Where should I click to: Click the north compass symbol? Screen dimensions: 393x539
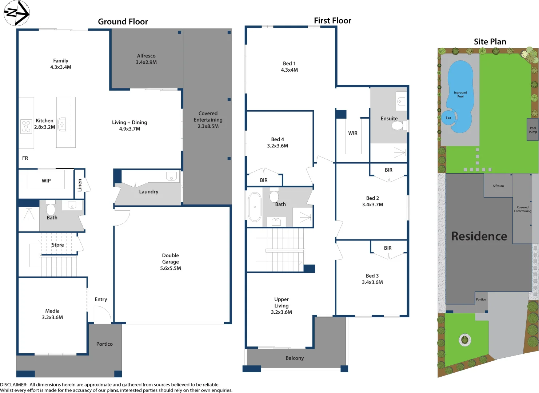click(16, 13)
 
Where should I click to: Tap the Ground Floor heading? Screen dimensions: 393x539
click(123, 22)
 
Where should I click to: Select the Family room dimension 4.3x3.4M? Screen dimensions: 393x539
click(61, 67)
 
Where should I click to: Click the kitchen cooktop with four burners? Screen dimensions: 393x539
click(26, 126)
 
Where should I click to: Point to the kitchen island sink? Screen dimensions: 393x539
click(62, 124)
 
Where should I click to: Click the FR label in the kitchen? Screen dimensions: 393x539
click(25, 158)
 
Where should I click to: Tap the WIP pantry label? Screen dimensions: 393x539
click(46, 181)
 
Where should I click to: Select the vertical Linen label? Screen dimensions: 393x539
click(80, 185)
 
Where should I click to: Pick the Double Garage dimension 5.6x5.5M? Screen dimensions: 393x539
click(171, 269)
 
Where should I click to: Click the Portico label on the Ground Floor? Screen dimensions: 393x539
click(104, 344)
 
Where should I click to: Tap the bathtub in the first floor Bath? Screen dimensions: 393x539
click(255, 207)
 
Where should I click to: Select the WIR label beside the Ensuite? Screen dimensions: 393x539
click(353, 133)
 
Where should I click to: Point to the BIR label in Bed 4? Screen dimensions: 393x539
click(264, 180)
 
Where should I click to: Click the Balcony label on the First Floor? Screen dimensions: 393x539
click(295, 358)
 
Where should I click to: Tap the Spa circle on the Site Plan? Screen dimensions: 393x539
click(448, 118)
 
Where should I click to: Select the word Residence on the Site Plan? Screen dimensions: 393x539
click(479, 237)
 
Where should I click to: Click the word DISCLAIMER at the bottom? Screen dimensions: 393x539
click(14, 385)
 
